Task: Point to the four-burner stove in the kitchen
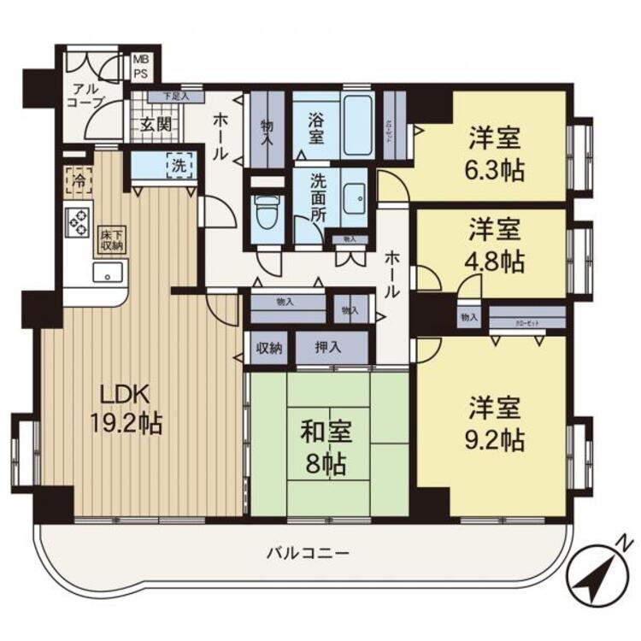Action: (x=79, y=222)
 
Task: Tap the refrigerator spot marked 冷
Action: (x=78, y=180)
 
